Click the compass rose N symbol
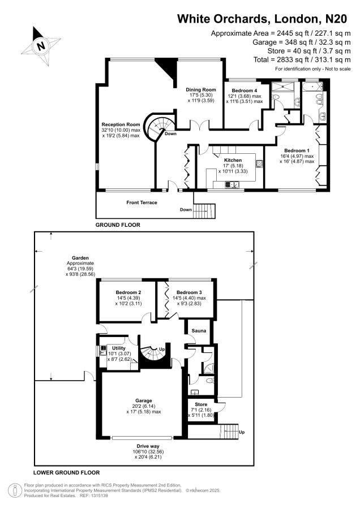click(x=41, y=46)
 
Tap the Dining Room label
click(x=201, y=89)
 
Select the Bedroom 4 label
click(x=245, y=90)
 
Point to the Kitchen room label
click(x=233, y=160)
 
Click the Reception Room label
click(x=121, y=124)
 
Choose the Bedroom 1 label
click(x=297, y=150)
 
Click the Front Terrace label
click(x=142, y=202)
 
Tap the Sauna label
click(x=199, y=330)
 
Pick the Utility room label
click(x=119, y=348)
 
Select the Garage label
click(x=144, y=400)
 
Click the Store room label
click(x=201, y=404)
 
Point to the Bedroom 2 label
click(x=128, y=292)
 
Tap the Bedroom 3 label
click(x=189, y=292)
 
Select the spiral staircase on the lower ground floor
click(x=154, y=354)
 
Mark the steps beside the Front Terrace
click(x=204, y=211)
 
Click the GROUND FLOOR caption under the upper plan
click(x=118, y=225)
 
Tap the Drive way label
click(x=148, y=446)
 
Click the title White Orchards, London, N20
click(x=262, y=19)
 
